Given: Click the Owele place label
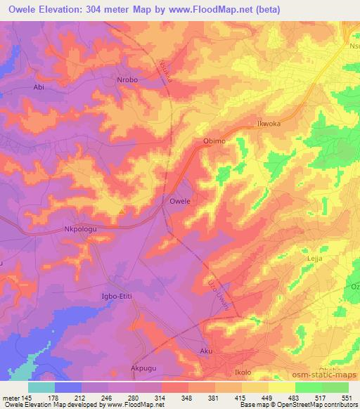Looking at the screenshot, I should click(x=180, y=201).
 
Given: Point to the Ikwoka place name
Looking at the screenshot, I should click(x=269, y=124).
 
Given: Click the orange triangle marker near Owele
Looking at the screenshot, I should click(x=122, y=209).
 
